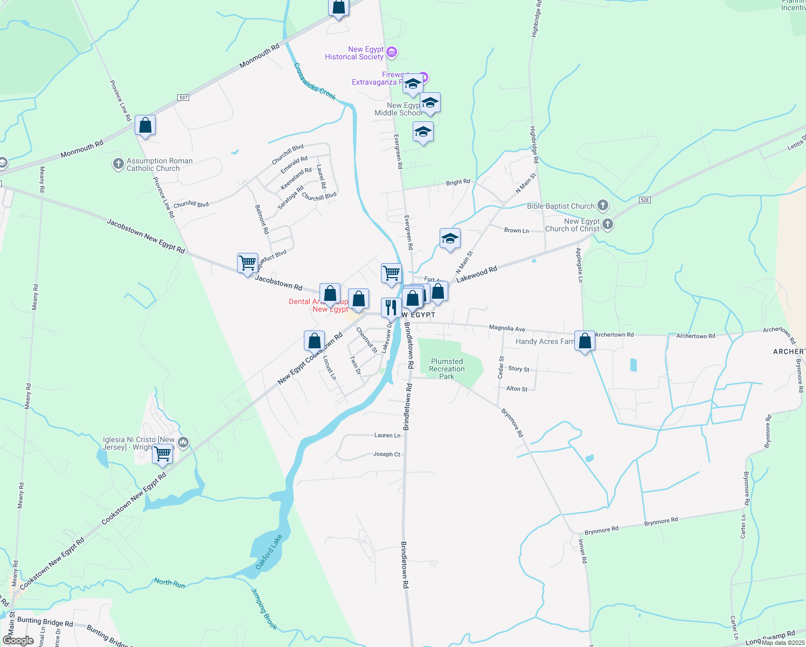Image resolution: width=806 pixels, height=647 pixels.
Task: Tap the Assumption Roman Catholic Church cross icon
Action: [119, 164]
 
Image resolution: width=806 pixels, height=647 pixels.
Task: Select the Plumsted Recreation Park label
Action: [447, 369]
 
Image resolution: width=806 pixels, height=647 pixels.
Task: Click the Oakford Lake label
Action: [268, 552]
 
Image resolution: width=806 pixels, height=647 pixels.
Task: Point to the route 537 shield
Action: [183, 98]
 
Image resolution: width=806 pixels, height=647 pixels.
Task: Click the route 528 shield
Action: [645, 200]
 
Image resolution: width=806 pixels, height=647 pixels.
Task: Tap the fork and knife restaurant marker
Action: [391, 308]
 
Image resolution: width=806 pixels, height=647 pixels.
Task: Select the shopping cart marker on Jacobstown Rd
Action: [247, 263]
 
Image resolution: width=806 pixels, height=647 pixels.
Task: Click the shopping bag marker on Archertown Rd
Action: [585, 341]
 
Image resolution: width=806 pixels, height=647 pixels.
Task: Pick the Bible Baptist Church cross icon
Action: [603, 205]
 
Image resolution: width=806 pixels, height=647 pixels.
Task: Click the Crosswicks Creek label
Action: [315, 82]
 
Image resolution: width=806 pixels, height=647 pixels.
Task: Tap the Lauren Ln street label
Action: [387, 435]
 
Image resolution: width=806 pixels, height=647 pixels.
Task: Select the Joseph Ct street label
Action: [386, 454]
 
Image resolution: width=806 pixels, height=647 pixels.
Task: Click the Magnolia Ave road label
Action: [506, 328]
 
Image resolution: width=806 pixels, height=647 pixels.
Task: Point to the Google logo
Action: [18, 641]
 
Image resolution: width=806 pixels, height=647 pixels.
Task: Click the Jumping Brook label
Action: [264, 609]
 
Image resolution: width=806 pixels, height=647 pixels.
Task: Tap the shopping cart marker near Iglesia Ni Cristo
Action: [162, 454]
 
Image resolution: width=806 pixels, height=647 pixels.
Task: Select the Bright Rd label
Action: [457, 182]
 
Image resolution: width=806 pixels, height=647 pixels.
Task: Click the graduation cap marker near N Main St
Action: [450, 238]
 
